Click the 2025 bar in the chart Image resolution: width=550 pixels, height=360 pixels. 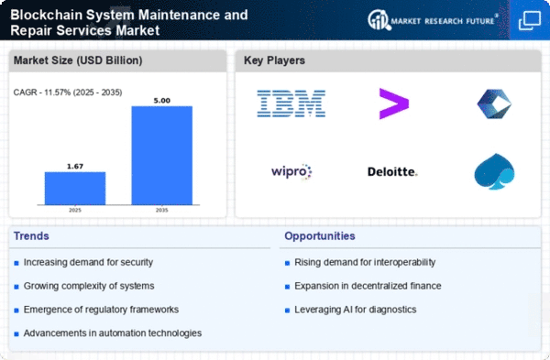click(x=75, y=188)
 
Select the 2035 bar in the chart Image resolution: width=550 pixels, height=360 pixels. click(x=162, y=156)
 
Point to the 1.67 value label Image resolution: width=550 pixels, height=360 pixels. click(x=75, y=166)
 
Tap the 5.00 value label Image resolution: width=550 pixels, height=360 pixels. click(x=162, y=101)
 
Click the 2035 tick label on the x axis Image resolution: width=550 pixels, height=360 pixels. click(x=162, y=210)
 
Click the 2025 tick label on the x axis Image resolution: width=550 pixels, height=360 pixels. click(x=75, y=210)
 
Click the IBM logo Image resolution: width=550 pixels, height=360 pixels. click(x=291, y=104)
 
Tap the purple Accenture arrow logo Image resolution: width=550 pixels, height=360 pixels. click(x=394, y=104)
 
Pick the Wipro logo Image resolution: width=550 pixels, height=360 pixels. click(x=291, y=172)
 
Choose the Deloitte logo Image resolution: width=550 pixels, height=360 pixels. click(x=392, y=172)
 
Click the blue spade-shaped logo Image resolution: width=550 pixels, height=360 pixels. click(x=494, y=172)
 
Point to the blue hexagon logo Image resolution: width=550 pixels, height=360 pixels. click(x=495, y=104)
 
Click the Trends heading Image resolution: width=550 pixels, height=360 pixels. click(x=31, y=236)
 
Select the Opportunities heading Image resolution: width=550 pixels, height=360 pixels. click(x=320, y=236)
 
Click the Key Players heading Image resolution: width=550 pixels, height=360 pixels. click(x=274, y=60)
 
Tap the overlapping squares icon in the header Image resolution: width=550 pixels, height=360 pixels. click(x=530, y=20)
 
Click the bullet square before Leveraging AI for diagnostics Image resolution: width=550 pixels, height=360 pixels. click(x=287, y=311)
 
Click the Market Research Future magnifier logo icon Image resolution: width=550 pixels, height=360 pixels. click(x=379, y=20)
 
